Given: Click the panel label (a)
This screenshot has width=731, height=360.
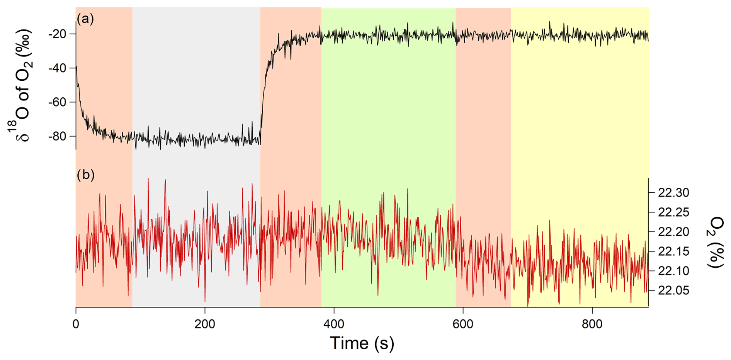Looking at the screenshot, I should pyautogui.click(x=85, y=19).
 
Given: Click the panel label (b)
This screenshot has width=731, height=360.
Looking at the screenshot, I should pyautogui.click(x=85, y=175).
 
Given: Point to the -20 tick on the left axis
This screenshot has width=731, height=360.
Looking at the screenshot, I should pyautogui.click(x=58, y=34).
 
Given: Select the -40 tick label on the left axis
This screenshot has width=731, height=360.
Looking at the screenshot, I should pyautogui.click(x=58, y=68).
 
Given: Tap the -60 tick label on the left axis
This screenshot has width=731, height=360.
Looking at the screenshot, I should pyautogui.click(x=58, y=102).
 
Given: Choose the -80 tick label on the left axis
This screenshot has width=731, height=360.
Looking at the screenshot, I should pyautogui.click(x=58, y=136).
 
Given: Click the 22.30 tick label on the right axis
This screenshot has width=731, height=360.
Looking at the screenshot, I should pyautogui.click(x=673, y=192).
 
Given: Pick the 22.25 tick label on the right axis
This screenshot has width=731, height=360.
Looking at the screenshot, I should pyautogui.click(x=673, y=212).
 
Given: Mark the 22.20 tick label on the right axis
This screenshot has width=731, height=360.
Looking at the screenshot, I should pyautogui.click(x=673, y=232).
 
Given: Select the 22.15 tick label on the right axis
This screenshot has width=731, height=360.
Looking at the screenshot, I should pyautogui.click(x=673, y=251).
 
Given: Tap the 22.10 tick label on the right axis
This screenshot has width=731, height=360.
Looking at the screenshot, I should pyautogui.click(x=673, y=271).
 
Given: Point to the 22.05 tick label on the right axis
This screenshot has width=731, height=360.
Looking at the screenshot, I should pyautogui.click(x=673, y=290).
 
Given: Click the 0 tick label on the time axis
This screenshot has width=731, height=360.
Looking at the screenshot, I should pyautogui.click(x=76, y=324).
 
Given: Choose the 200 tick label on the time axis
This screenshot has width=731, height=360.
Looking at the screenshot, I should pyautogui.click(x=205, y=324).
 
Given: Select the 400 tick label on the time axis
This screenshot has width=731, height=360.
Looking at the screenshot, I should pyautogui.click(x=334, y=324).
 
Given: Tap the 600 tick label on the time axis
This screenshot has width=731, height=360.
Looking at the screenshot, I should pyautogui.click(x=463, y=324).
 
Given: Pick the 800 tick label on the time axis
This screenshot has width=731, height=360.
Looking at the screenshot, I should pyautogui.click(x=592, y=324).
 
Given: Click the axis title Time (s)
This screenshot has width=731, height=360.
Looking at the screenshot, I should pyautogui.click(x=362, y=343).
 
